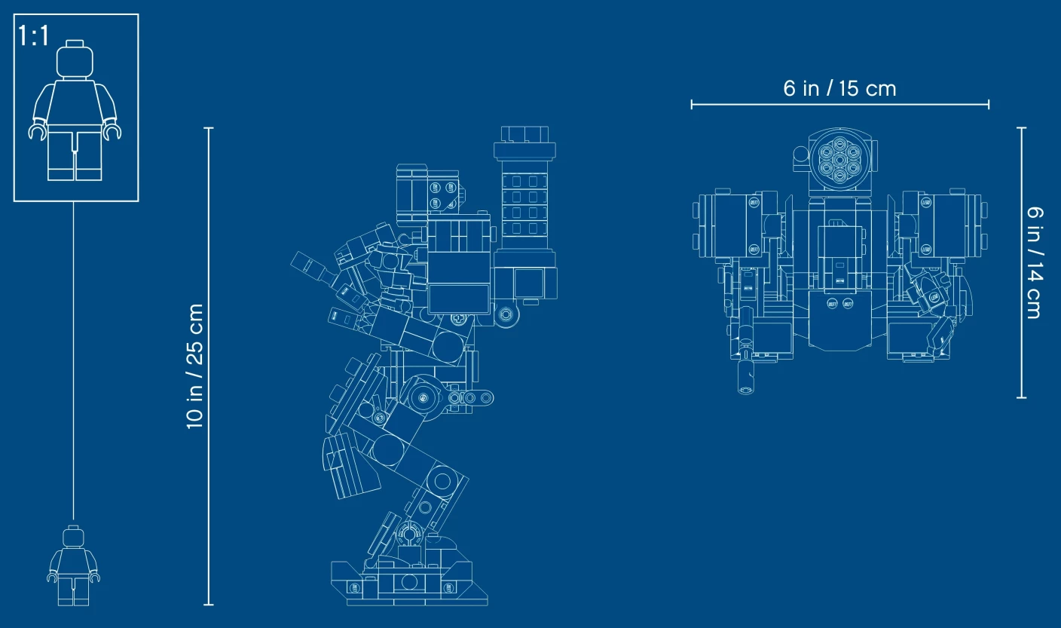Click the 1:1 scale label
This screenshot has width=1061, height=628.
pos(33,35)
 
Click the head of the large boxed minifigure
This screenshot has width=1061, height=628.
pos(75,59)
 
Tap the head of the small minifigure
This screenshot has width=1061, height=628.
pos(73,536)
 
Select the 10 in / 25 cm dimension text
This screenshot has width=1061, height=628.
pos(194,366)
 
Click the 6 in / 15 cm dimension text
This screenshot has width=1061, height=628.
pos(839,89)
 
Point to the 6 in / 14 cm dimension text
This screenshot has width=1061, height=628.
pos(1035,262)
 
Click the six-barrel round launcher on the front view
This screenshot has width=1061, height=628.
pos(839,160)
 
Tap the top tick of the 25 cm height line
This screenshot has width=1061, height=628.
pos(209,128)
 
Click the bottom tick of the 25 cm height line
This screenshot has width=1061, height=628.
pos(209,605)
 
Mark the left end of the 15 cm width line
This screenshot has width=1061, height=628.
pos(692,104)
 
